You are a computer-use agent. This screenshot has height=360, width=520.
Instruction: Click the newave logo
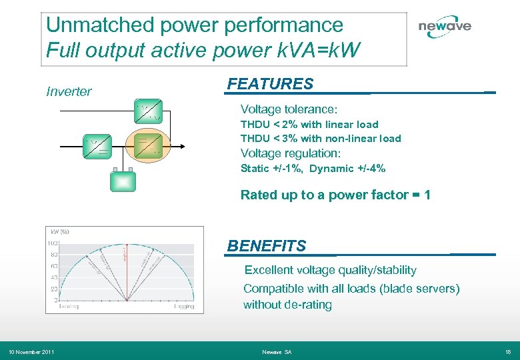(444, 27)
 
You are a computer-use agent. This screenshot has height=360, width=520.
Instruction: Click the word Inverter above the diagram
(69, 92)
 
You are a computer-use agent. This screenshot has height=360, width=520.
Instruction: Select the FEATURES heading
(270, 84)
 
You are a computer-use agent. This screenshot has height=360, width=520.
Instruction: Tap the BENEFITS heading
(267, 246)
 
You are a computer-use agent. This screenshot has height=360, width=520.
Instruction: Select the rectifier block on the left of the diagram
(97, 146)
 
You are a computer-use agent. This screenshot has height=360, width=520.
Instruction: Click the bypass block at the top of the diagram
(148, 111)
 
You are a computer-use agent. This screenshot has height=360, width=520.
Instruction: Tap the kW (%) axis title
(59, 231)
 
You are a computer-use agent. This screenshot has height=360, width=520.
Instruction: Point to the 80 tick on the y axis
(53, 254)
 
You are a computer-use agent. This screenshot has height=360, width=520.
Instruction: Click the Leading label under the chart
(69, 307)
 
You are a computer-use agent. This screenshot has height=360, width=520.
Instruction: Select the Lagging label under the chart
(184, 307)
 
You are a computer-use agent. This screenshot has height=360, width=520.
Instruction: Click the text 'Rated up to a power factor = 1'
(335, 195)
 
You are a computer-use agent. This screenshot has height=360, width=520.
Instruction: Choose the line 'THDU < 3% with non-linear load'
(321, 139)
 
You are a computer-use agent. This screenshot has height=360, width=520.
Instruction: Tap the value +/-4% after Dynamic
(371, 169)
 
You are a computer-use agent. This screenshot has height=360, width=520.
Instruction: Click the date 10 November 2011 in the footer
(31, 352)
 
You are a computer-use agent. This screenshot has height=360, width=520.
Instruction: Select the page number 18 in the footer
(508, 352)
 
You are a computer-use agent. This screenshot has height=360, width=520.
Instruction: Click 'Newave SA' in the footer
(277, 352)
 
